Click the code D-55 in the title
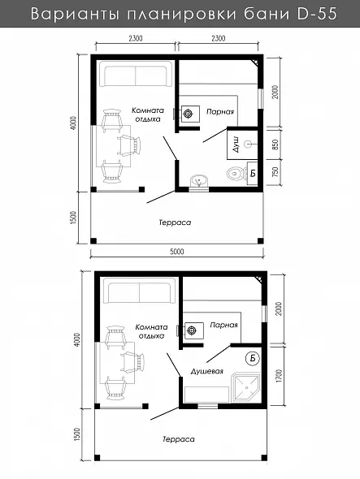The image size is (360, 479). click(317, 14)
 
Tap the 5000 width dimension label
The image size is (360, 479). click(177, 252)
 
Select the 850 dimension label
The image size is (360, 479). click(275, 145)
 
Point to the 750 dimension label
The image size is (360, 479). click(275, 172)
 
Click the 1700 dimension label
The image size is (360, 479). click(279, 376)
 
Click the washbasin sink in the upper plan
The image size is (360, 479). click(199, 180)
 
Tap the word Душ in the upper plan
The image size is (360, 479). click(236, 145)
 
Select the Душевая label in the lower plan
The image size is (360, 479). click(206, 371)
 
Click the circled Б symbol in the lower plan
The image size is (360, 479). click(253, 358)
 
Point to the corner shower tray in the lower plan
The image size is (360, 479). click(246, 387)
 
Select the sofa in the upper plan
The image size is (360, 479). click(136, 74)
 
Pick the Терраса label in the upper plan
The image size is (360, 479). click(175, 222)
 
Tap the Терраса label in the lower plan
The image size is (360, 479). click(178, 439)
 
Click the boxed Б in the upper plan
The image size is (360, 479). click(253, 173)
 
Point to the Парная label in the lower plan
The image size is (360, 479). click(223, 325)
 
